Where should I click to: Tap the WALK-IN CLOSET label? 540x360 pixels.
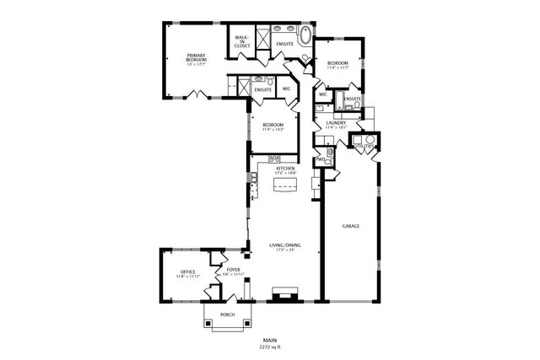click(x=240, y=42)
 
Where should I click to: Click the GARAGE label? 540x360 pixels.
click(x=351, y=226)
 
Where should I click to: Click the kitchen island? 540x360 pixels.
click(x=283, y=186)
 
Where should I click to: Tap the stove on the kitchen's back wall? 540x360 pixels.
click(x=274, y=159)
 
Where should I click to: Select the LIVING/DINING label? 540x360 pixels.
click(x=283, y=245)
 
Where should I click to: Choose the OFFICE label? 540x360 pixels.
click(x=187, y=271)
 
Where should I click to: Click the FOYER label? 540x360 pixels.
click(x=234, y=270)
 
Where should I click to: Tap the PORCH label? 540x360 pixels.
click(x=227, y=314)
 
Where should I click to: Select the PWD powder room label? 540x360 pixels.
click(x=321, y=159)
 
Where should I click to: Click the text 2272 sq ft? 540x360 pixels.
click(x=270, y=346)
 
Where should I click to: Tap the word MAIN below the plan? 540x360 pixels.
click(x=270, y=339)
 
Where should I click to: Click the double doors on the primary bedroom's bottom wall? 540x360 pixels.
click(x=197, y=94)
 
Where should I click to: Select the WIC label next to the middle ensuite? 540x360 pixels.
click(x=286, y=89)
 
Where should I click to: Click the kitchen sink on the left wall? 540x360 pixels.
click(x=253, y=178)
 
